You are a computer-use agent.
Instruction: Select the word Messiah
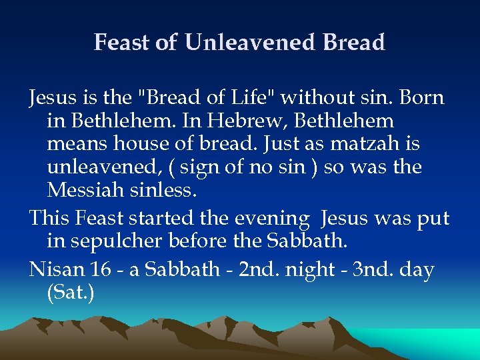click(x=83, y=190)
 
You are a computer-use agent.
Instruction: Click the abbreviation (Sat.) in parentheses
click(x=71, y=292)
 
